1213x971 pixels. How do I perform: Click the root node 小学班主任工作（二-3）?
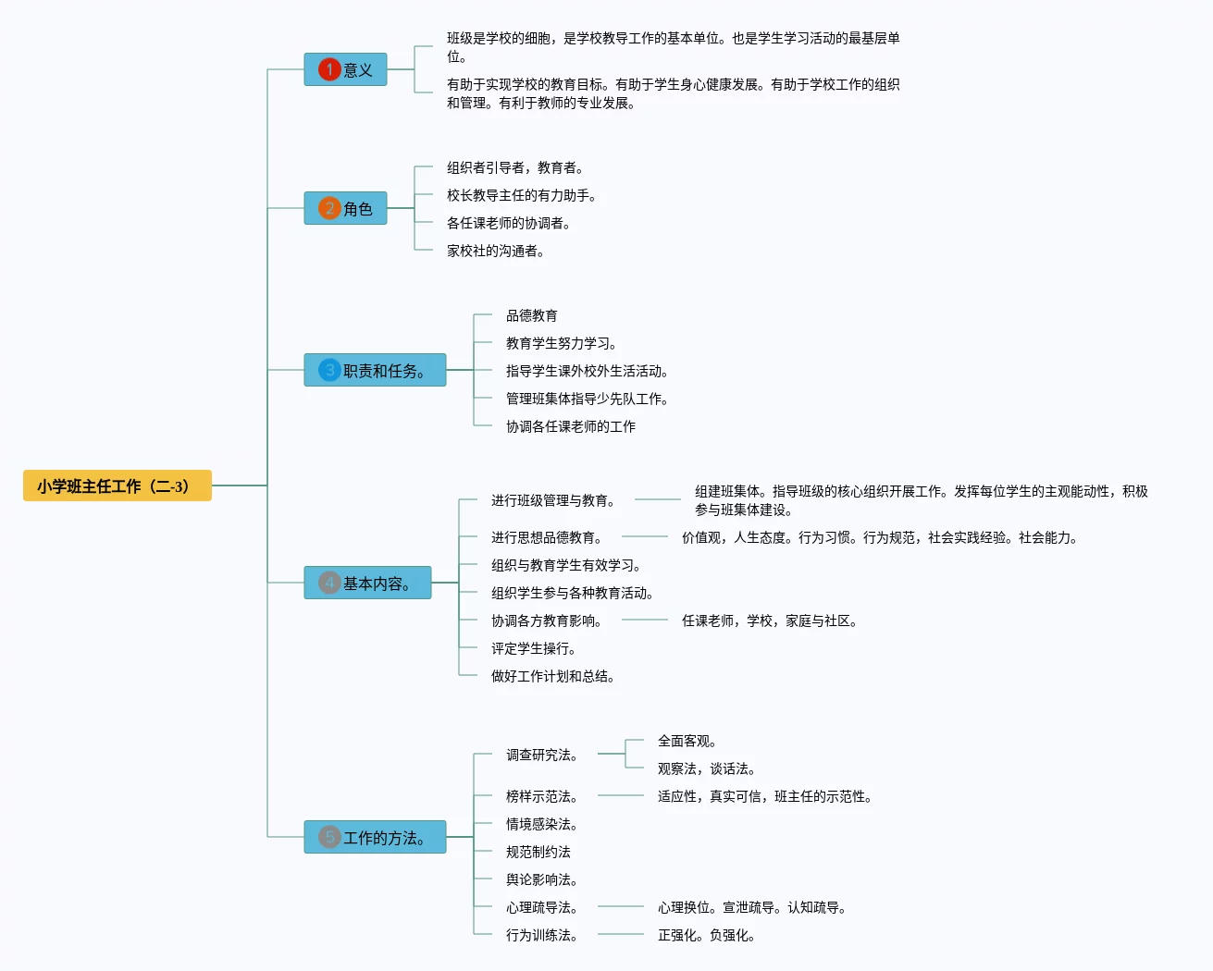[118, 485]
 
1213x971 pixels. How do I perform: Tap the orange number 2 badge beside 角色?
[329, 208]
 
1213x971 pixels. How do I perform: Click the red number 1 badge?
[329, 69]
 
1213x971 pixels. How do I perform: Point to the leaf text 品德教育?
[531, 315]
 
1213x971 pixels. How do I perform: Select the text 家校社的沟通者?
[495, 251]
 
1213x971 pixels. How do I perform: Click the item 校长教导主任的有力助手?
[521, 195]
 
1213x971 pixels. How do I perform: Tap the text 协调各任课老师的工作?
[570, 426]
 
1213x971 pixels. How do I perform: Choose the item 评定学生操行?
[533, 648]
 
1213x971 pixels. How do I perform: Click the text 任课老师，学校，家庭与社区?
[769, 621]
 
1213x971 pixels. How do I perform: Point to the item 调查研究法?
[541, 755]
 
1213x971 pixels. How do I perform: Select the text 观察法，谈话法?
[706, 768]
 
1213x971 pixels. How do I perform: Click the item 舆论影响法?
[541, 879]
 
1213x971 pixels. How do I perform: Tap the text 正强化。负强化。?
[706, 935]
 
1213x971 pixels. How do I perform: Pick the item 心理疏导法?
[541, 907]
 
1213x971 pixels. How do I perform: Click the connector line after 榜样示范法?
[621, 795]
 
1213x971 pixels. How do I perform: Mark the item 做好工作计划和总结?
[552, 676]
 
